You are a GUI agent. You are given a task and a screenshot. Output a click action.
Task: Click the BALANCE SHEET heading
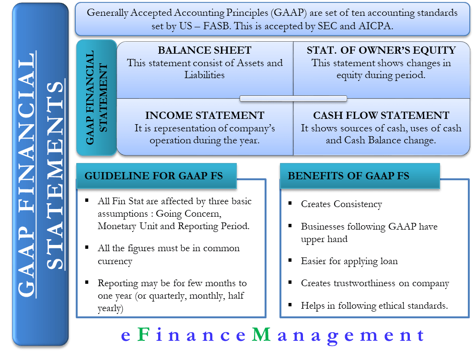205,51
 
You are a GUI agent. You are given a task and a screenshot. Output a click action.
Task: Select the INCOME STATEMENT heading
205,116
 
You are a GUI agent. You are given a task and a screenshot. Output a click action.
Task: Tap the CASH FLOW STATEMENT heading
381,116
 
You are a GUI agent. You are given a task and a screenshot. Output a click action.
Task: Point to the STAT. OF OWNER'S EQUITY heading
381,51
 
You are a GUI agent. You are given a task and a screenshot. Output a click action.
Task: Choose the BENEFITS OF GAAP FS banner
348,176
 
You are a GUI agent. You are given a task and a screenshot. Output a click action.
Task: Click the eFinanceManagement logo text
273,336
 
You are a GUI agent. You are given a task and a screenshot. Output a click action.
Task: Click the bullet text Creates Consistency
341,204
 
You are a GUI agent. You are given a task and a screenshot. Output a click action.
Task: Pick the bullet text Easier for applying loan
349,261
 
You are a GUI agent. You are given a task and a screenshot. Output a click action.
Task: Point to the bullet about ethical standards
374,305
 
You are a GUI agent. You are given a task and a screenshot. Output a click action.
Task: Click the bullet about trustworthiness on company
375,283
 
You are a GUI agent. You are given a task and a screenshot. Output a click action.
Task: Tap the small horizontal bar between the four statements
293,99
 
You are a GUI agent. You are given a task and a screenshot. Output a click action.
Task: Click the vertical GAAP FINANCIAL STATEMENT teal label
96,98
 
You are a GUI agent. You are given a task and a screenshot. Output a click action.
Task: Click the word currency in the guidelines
115,261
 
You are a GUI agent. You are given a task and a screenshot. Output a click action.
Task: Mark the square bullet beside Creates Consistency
290,204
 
